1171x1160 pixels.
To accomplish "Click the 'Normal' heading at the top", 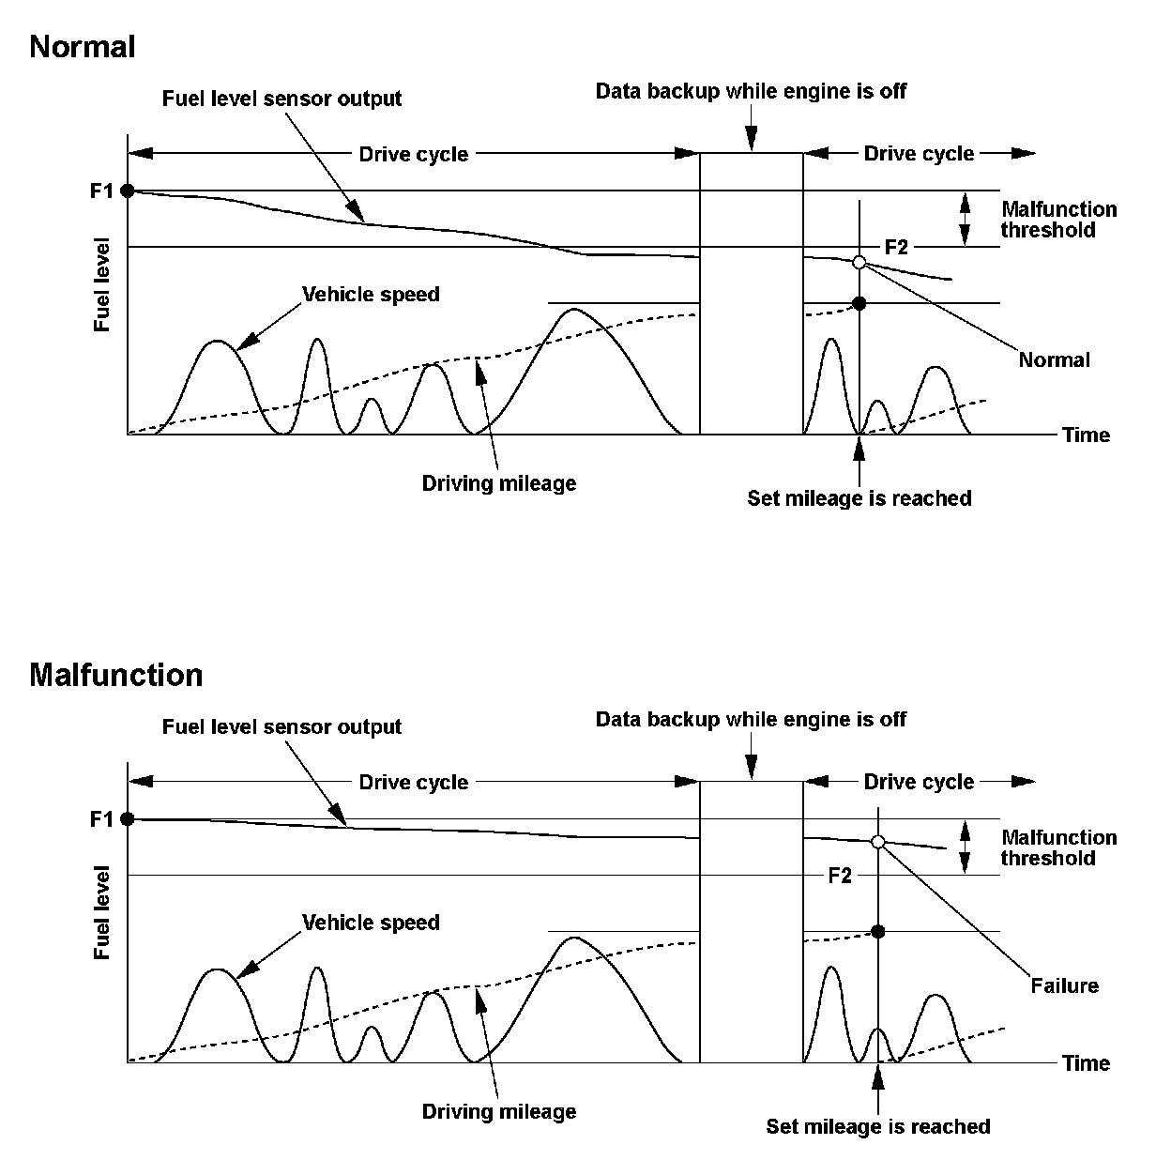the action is click(x=83, y=47).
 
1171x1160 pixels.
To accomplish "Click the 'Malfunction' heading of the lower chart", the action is click(x=115, y=675).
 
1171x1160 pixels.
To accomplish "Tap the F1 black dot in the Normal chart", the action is click(x=128, y=191).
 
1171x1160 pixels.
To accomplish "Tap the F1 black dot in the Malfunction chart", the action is click(x=128, y=819).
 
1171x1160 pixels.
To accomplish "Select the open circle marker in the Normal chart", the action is click(x=859, y=262).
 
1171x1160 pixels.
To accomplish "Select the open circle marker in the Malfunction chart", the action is click(x=878, y=842).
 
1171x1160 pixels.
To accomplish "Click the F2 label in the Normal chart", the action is click(x=897, y=247).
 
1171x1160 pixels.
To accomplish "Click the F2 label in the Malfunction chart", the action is click(x=840, y=876).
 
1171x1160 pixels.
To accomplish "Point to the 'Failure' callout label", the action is click(x=1064, y=985).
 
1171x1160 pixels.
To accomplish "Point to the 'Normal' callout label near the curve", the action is click(x=1054, y=359).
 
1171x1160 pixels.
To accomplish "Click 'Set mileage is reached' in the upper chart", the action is click(x=859, y=498).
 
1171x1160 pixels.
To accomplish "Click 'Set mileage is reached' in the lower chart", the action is click(x=877, y=1126).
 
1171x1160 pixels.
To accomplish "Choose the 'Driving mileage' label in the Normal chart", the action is click(x=498, y=483).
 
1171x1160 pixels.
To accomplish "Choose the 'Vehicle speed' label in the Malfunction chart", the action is click(x=371, y=923).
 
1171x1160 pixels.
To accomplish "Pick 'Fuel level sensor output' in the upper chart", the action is click(x=281, y=99).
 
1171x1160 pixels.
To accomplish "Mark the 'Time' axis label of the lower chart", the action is click(x=1086, y=1063).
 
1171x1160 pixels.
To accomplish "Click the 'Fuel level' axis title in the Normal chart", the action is click(x=102, y=285).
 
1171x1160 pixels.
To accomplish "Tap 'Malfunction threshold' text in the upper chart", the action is click(x=1057, y=220).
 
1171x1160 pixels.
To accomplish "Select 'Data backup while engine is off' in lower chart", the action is click(x=751, y=720).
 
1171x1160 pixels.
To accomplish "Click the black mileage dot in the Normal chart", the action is click(x=859, y=303).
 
